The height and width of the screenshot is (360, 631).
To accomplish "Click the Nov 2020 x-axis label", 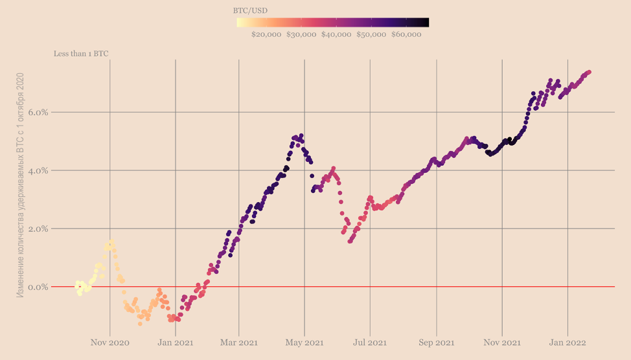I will pyautogui.click(x=110, y=342).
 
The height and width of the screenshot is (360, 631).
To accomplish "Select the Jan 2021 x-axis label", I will pyautogui.click(x=175, y=342).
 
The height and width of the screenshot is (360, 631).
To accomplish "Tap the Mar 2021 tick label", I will pyautogui.click(x=239, y=342).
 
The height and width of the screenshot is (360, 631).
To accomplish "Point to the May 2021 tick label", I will pyautogui.click(x=304, y=342).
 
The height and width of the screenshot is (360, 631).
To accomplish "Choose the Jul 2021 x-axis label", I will pyautogui.click(x=370, y=342).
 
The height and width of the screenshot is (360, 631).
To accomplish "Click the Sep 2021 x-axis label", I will pyautogui.click(x=436, y=342).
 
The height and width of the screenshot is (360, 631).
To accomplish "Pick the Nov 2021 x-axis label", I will pyautogui.click(x=502, y=342).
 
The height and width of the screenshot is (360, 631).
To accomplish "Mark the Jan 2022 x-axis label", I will pyautogui.click(x=568, y=342).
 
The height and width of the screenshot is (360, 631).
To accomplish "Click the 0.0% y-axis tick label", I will pyautogui.click(x=38, y=287).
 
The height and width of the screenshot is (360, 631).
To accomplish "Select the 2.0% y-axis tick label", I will pyautogui.click(x=38, y=229).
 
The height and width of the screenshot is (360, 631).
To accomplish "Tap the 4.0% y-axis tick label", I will pyautogui.click(x=38, y=171).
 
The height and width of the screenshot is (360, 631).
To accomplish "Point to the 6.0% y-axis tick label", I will pyautogui.click(x=38, y=113).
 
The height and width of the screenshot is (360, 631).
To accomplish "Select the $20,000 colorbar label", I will pyautogui.click(x=266, y=35).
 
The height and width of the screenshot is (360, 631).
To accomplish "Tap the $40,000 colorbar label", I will pyautogui.click(x=336, y=35).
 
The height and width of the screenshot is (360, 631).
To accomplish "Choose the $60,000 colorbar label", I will pyautogui.click(x=406, y=35).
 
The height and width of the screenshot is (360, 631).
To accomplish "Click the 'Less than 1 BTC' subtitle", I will pyautogui.click(x=81, y=54).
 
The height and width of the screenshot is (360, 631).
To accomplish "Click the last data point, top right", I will pyautogui.click(x=589, y=72).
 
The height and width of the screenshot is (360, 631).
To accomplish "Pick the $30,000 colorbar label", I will pyautogui.click(x=301, y=35).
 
